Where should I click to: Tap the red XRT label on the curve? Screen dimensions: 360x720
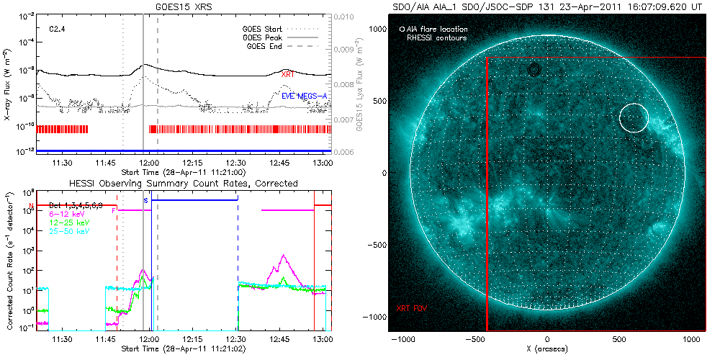tap(287, 74)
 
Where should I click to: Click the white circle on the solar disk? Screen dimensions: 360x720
tap(634, 117)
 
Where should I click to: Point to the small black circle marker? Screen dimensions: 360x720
tap(534, 69)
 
